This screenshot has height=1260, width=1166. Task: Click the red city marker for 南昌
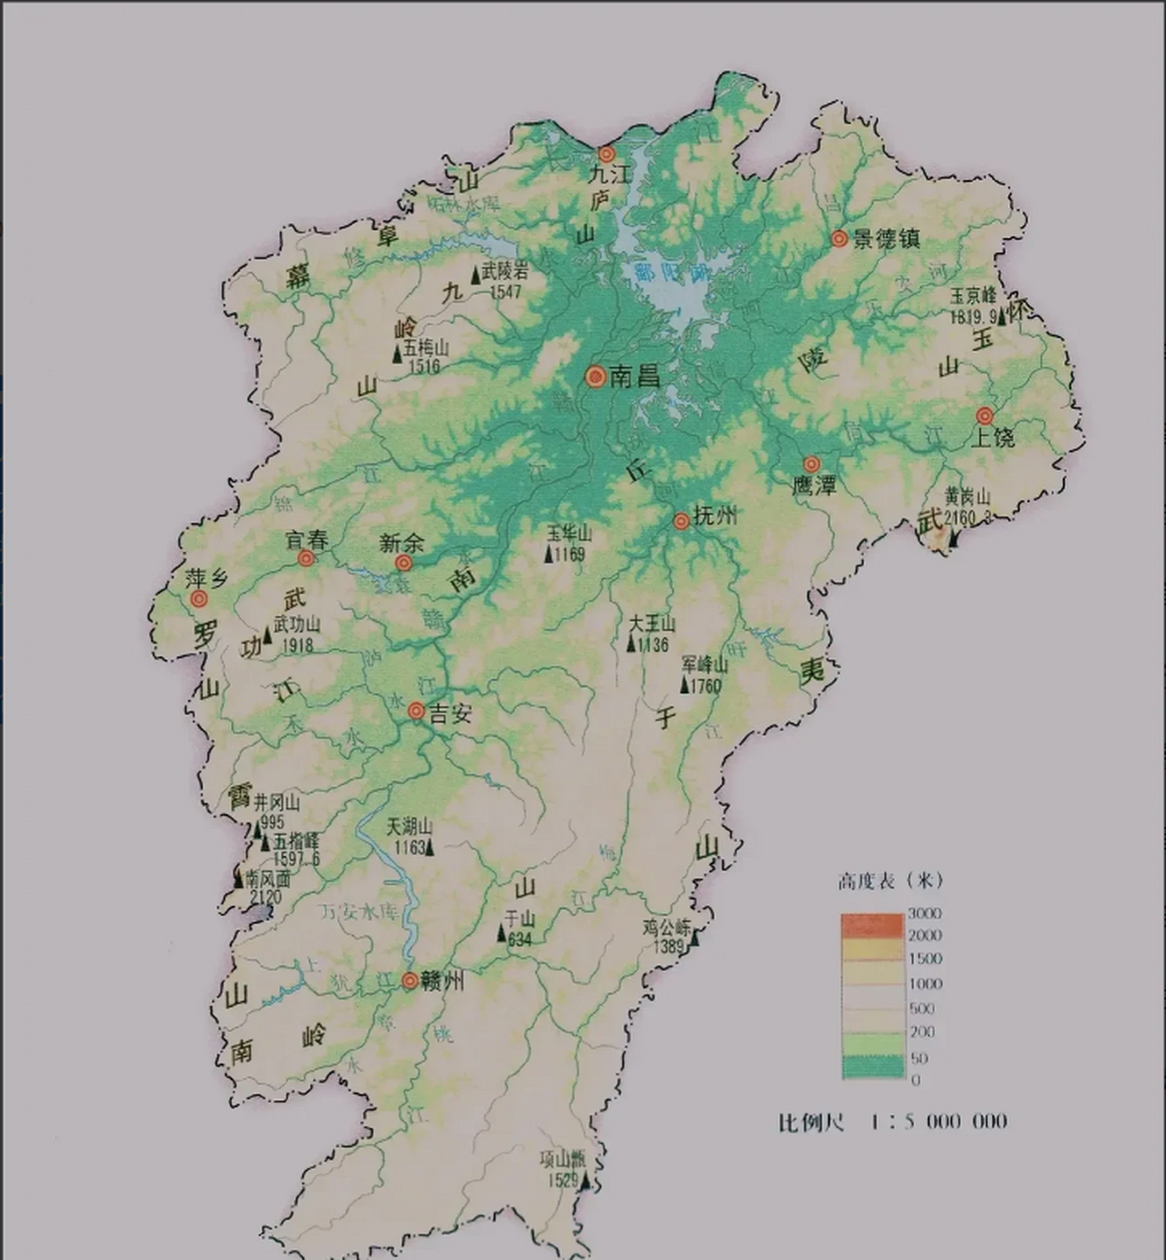click(x=595, y=376)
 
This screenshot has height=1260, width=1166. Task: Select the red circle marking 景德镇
click(x=838, y=238)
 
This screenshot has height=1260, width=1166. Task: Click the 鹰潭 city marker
click(x=811, y=464)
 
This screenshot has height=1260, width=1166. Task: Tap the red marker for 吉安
click(x=416, y=711)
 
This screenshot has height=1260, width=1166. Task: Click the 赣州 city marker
click(x=409, y=980)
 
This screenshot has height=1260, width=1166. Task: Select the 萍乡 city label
click(x=208, y=578)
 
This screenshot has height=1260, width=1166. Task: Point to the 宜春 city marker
click(x=306, y=558)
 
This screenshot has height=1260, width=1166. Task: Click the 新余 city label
click(x=401, y=542)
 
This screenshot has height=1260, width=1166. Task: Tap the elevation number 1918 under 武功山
click(x=296, y=646)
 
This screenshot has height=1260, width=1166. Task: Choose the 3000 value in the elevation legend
click(x=924, y=913)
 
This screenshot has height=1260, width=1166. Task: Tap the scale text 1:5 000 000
click(x=939, y=1121)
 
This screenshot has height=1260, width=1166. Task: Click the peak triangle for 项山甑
click(x=584, y=1181)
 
